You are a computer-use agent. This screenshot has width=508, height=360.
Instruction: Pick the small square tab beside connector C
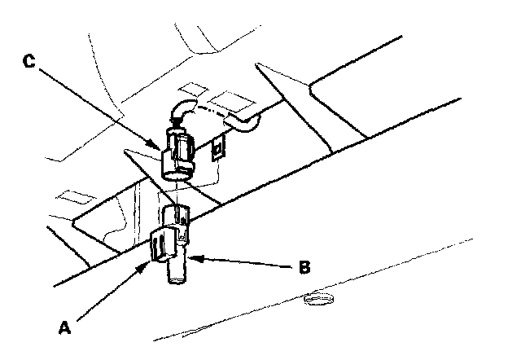pyautogui.click(x=217, y=149)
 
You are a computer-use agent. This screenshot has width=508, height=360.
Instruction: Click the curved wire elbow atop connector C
pyautogui.click(x=181, y=111)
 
